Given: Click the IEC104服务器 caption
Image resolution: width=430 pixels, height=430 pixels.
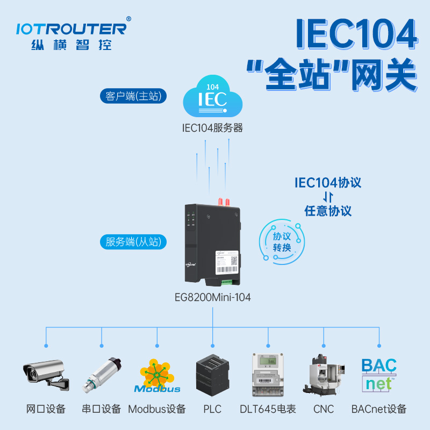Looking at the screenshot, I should coord(212,128).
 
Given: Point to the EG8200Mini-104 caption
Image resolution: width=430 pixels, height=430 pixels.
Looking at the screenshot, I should coord(213,297).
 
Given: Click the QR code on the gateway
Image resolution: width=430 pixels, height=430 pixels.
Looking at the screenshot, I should coord(234,260).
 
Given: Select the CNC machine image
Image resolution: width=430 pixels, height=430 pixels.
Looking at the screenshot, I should coord(324,375).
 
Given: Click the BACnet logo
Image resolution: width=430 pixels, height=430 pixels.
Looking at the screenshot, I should coord(379,375).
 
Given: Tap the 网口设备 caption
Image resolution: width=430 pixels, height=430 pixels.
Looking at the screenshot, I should coord(46,409).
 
